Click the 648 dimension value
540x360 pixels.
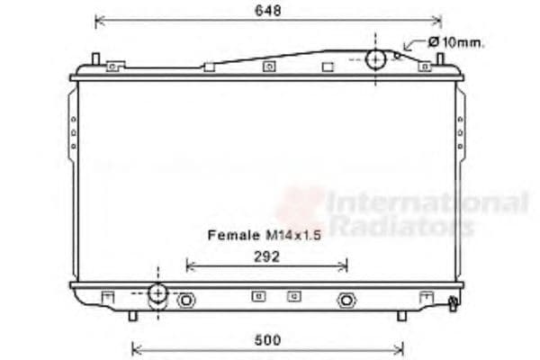click(x=268, y=10)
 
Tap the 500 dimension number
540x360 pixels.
click(x=267, y=340)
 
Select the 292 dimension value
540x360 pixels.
click(x=267, y=256)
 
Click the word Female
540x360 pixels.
click(x=234, y=235)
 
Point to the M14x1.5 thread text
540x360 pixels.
click(x=293, y=236)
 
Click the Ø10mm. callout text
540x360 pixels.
click(x=456, y=42)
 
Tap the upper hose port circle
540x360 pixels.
click(x=375, y=59)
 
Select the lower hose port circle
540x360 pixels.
click(x=158, y=293)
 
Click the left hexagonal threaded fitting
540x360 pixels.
click(x=186, y=301)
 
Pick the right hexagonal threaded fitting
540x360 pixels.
click(x=346, y=301)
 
